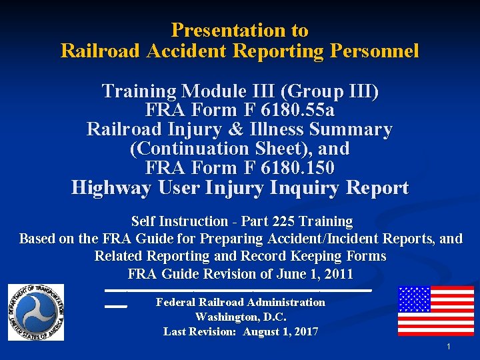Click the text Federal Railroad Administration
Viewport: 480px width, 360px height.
[x=240, y=303]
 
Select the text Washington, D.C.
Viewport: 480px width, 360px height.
[x=240, y=317]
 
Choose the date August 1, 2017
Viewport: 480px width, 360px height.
[x=280, y=331]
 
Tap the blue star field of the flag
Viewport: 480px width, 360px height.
[x=414, y=299]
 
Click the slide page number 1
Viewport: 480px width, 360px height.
[x=449, y=347]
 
